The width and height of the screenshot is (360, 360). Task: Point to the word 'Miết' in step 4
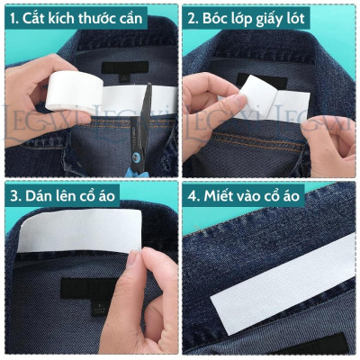point(223,194)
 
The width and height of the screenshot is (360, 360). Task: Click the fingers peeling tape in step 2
point(207,94)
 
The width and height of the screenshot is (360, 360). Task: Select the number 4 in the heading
point(193,194)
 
